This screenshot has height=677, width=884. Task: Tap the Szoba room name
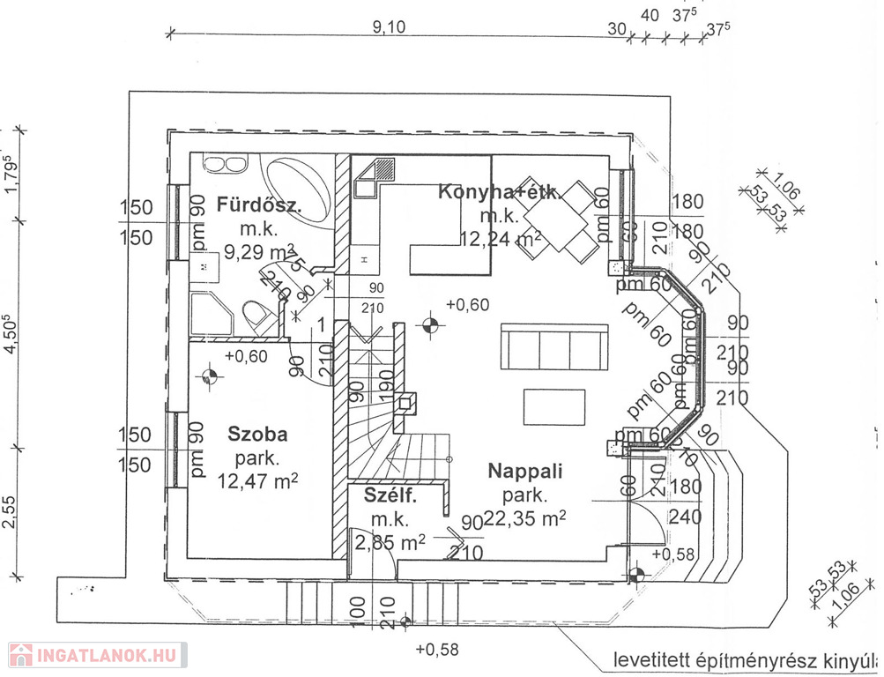257,434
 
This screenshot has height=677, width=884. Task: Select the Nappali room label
525,471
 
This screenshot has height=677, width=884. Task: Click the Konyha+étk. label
499,192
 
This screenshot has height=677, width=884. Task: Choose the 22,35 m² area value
525,517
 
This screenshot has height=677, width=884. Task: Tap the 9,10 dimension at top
388,26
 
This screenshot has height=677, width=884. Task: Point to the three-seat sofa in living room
553,347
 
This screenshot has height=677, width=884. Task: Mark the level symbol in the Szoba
209,376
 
